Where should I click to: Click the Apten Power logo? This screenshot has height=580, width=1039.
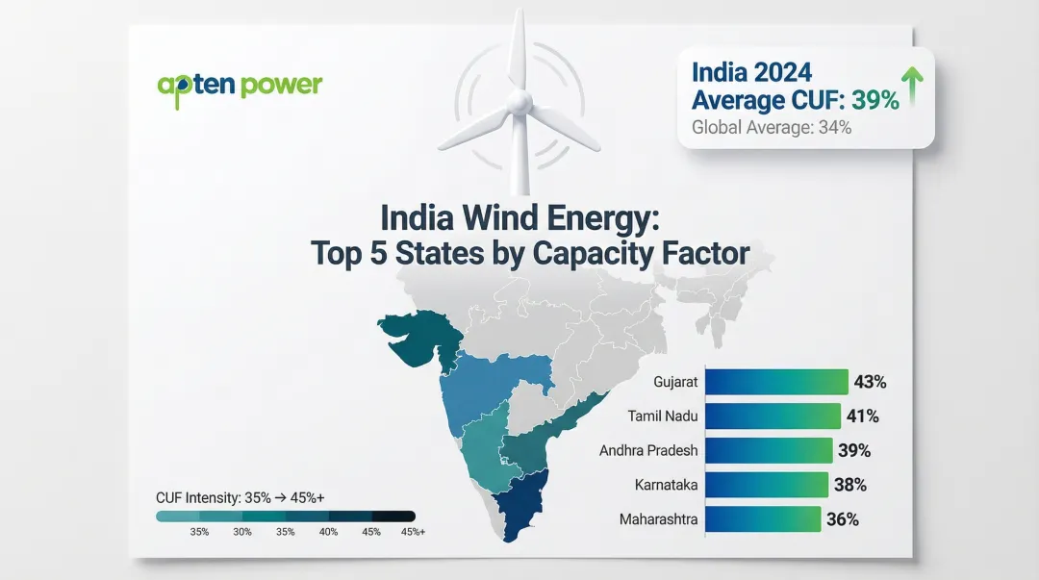click(240, 85)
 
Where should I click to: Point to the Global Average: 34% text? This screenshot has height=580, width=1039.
click(772, 127)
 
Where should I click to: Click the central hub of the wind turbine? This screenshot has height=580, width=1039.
click(519, 100)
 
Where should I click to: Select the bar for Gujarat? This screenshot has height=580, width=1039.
click(776, 382)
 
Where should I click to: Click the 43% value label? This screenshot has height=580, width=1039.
click(870, 382)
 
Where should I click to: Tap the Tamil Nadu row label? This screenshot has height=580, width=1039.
click(662, 416)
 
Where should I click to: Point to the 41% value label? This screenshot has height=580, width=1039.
click(862, 416)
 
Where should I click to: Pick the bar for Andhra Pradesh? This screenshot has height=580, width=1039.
click(769, 450)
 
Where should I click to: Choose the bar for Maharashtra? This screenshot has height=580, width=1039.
click(763, 519)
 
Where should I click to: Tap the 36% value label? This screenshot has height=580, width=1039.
click(843, 519)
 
